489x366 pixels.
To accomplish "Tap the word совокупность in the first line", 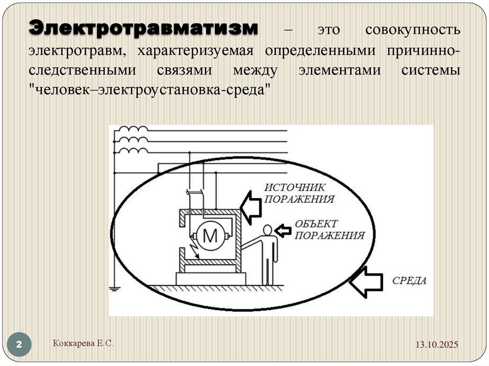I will pos(413,30).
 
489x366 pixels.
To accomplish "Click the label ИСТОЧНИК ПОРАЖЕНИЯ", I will pos(299,193).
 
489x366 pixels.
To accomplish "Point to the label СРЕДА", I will pos(409,281).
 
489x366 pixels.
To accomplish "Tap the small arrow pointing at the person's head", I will pos(284,231).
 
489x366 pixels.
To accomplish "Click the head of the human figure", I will pos(268,230).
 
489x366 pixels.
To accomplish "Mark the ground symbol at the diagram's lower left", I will pos(115,288).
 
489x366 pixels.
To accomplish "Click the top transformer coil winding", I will pos(133,130).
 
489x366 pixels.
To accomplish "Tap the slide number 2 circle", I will pos(20,345).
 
